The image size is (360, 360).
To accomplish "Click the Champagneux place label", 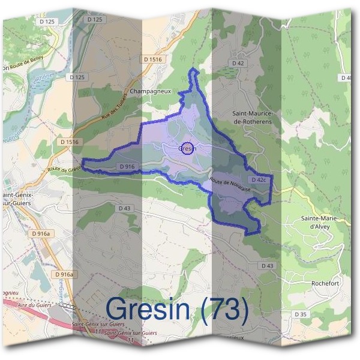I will [x=151, y=92].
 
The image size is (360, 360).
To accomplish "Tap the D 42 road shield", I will [x=239, y=62].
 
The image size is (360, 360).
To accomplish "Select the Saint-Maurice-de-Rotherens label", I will [x=252, y=117].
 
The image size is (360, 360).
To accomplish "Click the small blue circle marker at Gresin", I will [x=187, y=149].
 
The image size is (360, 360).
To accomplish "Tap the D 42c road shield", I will [x=259, y=179].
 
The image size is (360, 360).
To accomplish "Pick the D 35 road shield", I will [x=301, y=314].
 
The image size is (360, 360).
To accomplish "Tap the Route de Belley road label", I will [x=22, y=67].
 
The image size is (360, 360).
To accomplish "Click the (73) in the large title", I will [x=226, y=310].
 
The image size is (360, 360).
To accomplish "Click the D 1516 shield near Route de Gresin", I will [x=70, y=142].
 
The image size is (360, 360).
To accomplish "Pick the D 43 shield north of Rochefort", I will [x=267, y=265].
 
